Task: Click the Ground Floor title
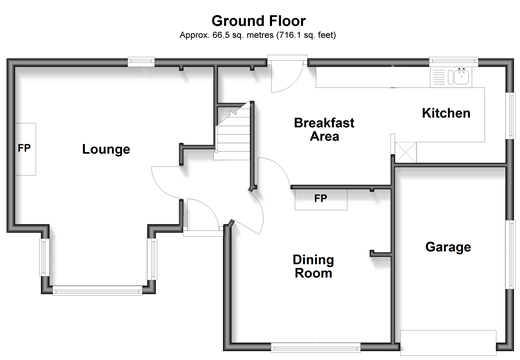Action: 258,21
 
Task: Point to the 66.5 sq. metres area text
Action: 258,35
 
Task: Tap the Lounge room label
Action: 106,149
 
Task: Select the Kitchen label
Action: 446,113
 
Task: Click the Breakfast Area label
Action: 324,130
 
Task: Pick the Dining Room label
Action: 313,266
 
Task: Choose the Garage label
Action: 448,247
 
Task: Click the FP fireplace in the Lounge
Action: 25,149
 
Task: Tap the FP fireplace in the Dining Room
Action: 321,199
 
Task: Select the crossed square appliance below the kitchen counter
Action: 406,152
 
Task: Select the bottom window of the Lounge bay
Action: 97,291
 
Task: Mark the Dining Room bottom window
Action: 315,348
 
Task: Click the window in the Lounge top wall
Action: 141,62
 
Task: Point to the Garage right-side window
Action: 510,254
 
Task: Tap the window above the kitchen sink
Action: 453,61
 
